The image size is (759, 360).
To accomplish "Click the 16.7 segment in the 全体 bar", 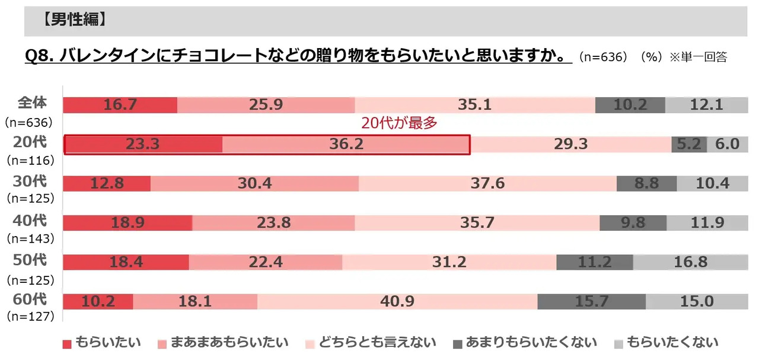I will pyautogui.click(x=120, y=104).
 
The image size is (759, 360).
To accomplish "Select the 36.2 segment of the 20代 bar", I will pyautogui.click(x=347, y=144).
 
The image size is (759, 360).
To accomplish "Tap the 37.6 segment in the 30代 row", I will pyautogui.click(x=487, y=183).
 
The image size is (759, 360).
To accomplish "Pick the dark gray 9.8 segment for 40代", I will pyautogui.click(x=633, y=223).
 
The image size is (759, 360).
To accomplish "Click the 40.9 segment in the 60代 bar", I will pyautogui.click(x=397, y=301).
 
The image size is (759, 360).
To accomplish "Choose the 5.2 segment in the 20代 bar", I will pyautogui.click(x=689, y=144).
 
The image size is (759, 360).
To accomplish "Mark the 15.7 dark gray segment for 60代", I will pyautogui.click(x=591, y=301).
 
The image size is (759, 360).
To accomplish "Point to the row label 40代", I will pyautogui.click(x=29, y=221).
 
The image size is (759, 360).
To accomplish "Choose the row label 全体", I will pyautogui.click(x=32, y=102).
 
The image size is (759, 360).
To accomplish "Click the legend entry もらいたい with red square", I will pyautogui.click(x=102, y=342).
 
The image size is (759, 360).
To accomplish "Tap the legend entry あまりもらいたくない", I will pyautogui.click(x=524, y=342).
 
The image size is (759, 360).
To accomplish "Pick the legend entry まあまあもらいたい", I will pyautogui.click(x=223, y=342).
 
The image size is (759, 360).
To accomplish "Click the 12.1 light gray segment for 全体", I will pyautogui.click(x=706, y=104).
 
